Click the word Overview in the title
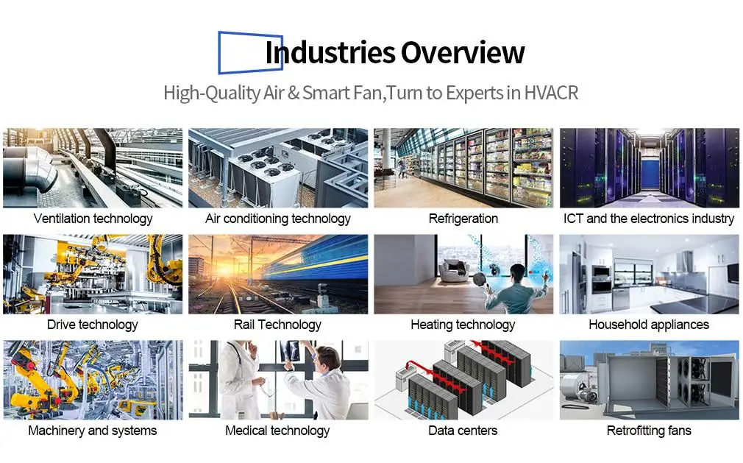pyautogui.click(x=463, y=52)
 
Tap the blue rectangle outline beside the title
pyautogui.click(x=219, y=52)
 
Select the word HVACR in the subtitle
pyautogui.click(x=551, y=93)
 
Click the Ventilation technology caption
pyautogui.click(x=93, y=219)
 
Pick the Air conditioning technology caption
pyautogui.click(x=277, y=219)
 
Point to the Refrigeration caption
pyautogui.click(x=463, y=219)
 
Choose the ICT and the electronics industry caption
pyautogui.click(x=649, y=219)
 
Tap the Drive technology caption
pyautogui.click(x=93, y=325)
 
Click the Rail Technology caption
pyautogui.click(x=277, y=325)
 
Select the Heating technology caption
pyautogui.click(x=463, y=325)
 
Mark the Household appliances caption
pyautogui.click(x=649, y=325)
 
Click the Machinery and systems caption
pyautogui.click(x=93, y=431)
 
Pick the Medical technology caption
pyautogui.click(x=277, y=431)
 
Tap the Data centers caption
pyautogui.click(x=463, y=431)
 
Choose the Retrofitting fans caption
pyautogui.click(x=649, y=431)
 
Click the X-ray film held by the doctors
pyautogui.click(x=290, y=350)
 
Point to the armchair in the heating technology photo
pyautogui.click(x=455, y=271)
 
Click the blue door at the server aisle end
pyautogui.click(x=650, y=174)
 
